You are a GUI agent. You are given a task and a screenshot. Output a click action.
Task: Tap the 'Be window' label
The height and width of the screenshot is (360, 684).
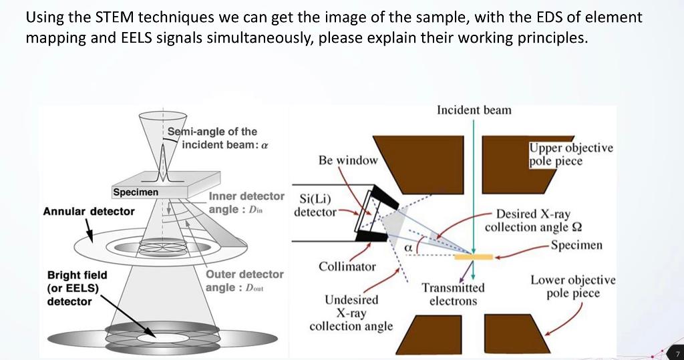(x=348, y=160)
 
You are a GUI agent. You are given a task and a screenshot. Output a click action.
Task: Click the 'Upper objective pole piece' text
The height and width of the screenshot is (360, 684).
(x=570, y=154)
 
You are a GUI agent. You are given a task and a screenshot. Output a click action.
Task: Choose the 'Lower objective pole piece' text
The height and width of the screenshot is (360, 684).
(x=572, y=287)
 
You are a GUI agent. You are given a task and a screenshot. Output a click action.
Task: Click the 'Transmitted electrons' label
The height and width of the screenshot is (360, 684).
(x=453, y=294)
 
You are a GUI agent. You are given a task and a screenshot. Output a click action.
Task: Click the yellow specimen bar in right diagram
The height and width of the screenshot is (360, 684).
(x=474, y=256)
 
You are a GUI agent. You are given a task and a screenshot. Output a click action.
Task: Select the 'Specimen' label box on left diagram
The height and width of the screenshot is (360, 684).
(x=136, y=192)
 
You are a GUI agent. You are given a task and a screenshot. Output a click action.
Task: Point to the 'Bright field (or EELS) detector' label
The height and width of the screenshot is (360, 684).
(x=77, y=288)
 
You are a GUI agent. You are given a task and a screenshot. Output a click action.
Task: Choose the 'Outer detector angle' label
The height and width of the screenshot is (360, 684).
(x=244, y=281)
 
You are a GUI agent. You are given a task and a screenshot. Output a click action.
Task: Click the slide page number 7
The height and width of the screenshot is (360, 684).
(x=676, y=352)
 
